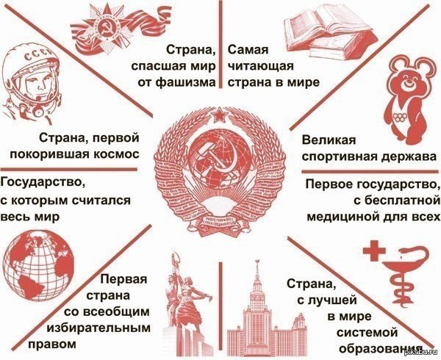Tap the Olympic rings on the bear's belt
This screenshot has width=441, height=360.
coord(399,117)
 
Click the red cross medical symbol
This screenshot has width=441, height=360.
coord(374,251)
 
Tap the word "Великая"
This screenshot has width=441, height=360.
coord(329,140)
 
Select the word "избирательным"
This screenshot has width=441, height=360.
coord(98,328)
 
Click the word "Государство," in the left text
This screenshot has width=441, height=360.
coord(43,182)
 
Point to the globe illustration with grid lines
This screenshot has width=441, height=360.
coord(38,266)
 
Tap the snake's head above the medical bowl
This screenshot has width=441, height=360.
coord(406,249)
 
